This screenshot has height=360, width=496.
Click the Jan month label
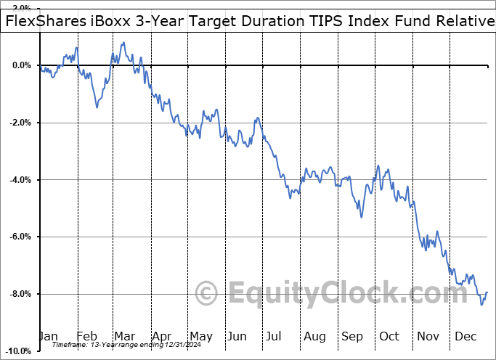49,336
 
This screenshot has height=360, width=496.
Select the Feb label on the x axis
87,336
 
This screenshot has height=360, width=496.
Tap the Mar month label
124,336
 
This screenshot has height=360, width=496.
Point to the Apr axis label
162,336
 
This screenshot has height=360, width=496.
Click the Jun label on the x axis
237,336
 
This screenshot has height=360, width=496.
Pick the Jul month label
275,336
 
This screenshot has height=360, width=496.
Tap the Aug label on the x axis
314,336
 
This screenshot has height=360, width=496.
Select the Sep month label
352,336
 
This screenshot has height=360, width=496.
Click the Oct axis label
389,336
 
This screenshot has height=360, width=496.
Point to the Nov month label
428,336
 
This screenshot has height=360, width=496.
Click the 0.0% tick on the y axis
21,65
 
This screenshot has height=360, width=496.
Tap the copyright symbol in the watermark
208,294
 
